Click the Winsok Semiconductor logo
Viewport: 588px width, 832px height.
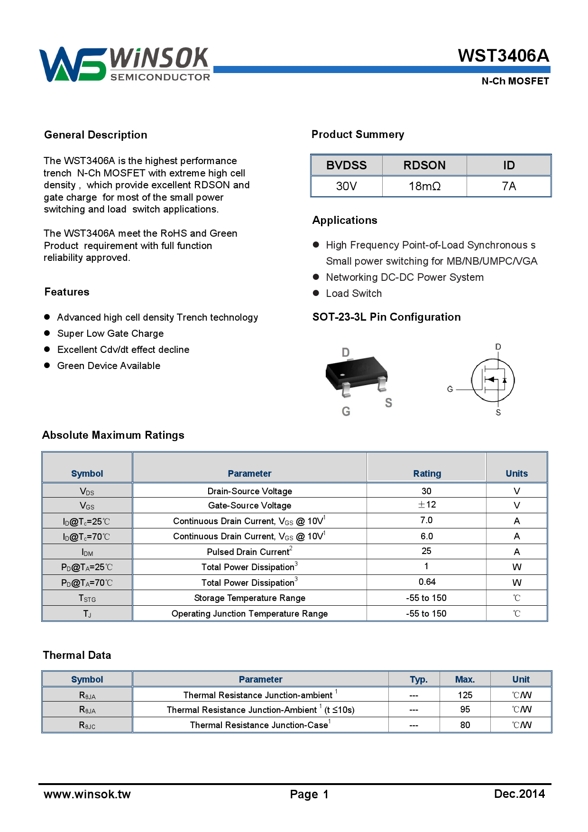[125, 65]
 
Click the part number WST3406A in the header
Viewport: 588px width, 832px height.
[503, 56]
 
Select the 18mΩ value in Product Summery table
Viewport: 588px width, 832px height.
[424, 186]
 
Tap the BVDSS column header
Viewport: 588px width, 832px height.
[346, 166]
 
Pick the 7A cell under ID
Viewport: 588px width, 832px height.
[509, 186]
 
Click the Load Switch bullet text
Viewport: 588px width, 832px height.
[354, 294]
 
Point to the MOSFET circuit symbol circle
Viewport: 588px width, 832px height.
[493, 380]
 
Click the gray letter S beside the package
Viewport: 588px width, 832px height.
[388, 403]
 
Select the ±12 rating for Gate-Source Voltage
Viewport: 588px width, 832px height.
[426, 505]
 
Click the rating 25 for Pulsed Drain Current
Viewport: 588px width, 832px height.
[426, 551]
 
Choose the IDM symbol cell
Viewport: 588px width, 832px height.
[87, 552]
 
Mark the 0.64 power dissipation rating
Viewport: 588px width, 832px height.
[427, 582]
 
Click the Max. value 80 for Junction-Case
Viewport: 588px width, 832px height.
[465, 725]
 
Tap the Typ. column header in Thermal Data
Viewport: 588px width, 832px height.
[418, 679]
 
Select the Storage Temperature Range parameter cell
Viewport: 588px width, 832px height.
[249, 598]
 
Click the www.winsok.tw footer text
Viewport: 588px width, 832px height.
[87, 795]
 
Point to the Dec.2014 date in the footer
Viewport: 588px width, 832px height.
[519, 794]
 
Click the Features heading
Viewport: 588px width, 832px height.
[67, 292]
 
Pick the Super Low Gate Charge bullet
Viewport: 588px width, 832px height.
[110, 333]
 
